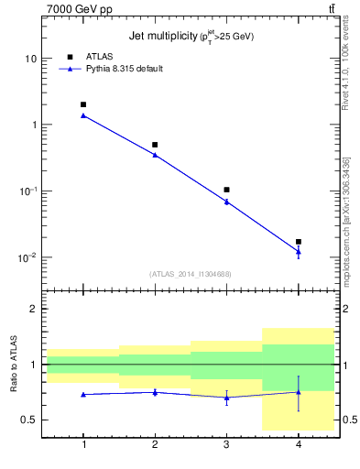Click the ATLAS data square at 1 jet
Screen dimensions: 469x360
[x=83, y=104]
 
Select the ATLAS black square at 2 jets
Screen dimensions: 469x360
[x=155, y=145]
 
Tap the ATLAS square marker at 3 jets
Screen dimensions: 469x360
[x=226, y=190]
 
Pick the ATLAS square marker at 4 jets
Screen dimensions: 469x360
[x=299, y=242]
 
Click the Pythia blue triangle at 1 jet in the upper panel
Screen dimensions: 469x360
[x=83, y=115]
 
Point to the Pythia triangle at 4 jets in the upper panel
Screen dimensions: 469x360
[x=299, y=252]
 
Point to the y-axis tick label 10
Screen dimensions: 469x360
[x=30, y=59]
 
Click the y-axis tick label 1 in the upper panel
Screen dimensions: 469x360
[x=33, y=125]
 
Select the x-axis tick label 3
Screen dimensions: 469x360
[x=226, y=444]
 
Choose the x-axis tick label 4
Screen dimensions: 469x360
[x=299, y=444]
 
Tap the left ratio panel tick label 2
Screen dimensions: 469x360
[x=33, y=309]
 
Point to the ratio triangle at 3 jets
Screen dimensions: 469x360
[x=226, y=397]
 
